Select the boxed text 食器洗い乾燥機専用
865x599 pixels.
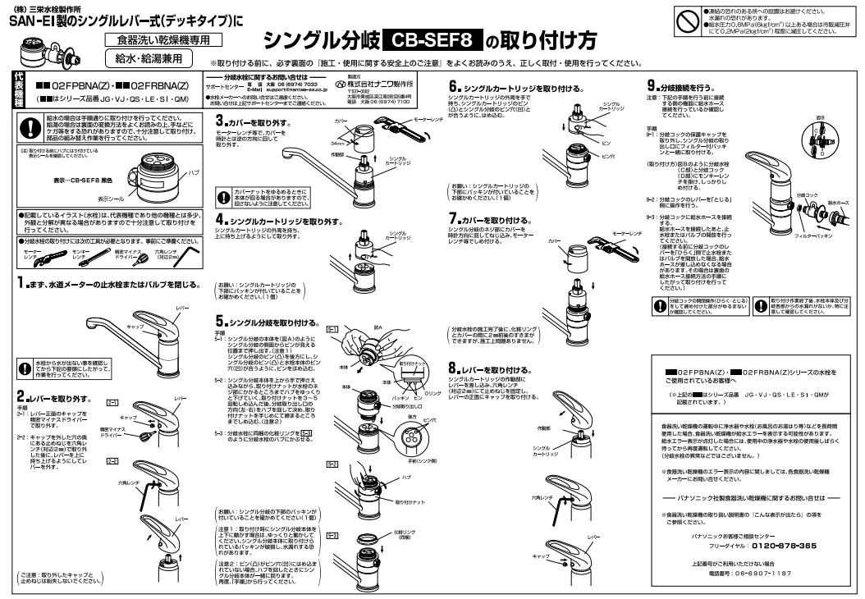(149, 39)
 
